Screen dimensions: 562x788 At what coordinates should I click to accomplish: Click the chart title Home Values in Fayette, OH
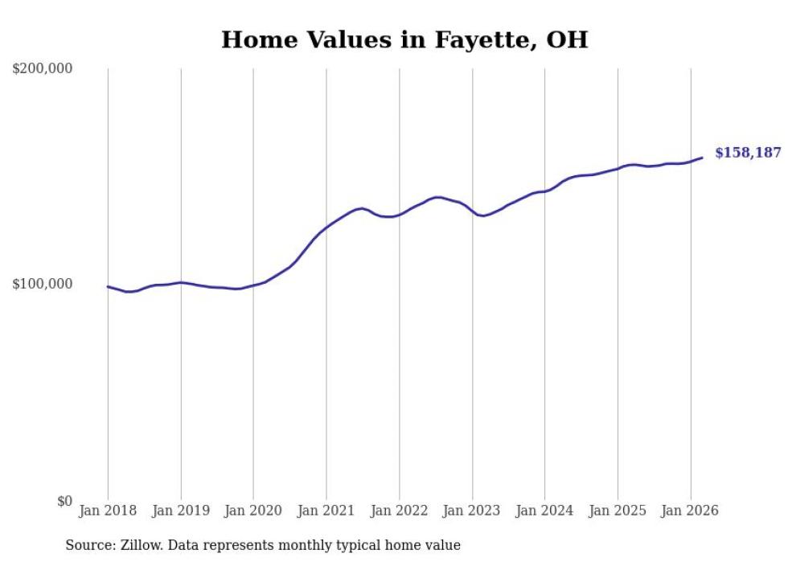point(404,39)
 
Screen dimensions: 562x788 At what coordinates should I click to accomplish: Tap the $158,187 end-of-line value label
point(747,153)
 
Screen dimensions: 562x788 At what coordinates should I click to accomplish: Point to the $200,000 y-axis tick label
point(43,68)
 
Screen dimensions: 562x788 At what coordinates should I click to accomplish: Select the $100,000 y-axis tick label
point(43,284)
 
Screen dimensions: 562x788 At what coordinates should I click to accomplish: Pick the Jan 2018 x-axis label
point(108,511)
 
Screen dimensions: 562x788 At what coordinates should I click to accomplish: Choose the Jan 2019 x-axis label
point(180,511)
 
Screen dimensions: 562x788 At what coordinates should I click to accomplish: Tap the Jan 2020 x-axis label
point(253,511)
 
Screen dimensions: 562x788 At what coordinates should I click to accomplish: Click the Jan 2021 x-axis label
point(326,511)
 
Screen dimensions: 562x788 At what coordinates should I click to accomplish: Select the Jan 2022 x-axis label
point(399,511)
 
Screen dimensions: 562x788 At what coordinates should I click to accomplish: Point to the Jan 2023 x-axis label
point(472,511)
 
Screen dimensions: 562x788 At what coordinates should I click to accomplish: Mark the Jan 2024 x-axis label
point(544,511)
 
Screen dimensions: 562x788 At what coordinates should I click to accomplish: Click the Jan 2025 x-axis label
point(618,511)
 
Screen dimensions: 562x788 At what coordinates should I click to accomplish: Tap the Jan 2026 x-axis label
point(690,511)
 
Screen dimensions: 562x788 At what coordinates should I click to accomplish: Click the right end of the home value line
point(702,158)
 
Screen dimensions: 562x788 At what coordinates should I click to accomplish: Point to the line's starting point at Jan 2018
point(108,286)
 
